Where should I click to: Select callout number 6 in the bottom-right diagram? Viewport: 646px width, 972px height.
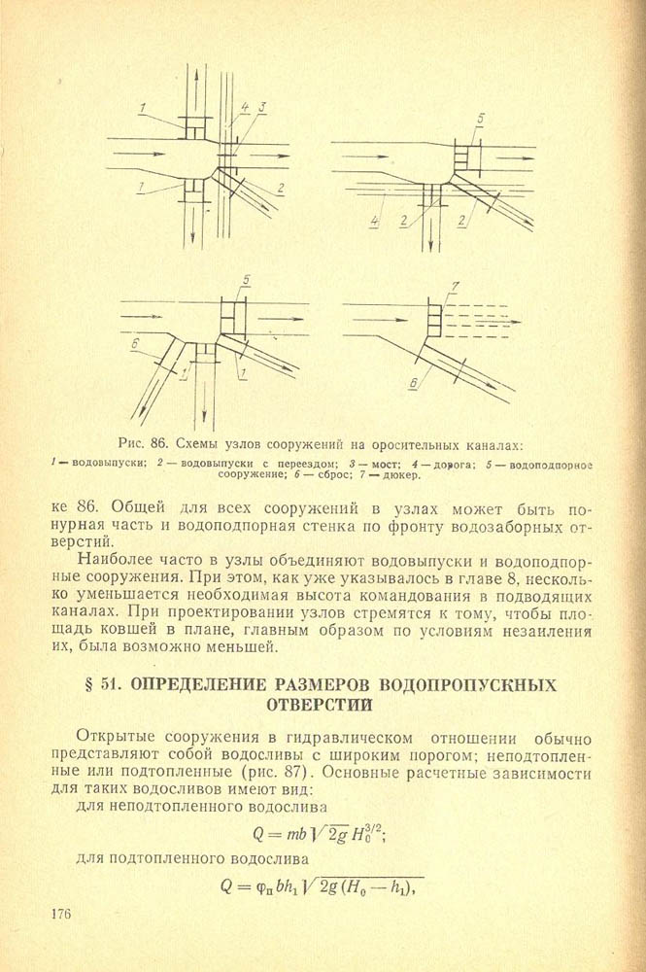(413, 385)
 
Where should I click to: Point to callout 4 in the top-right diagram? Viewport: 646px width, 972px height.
(374, 222)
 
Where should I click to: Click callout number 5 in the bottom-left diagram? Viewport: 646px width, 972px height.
(246, 280)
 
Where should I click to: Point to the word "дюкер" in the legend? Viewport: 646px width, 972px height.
(399, 475)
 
